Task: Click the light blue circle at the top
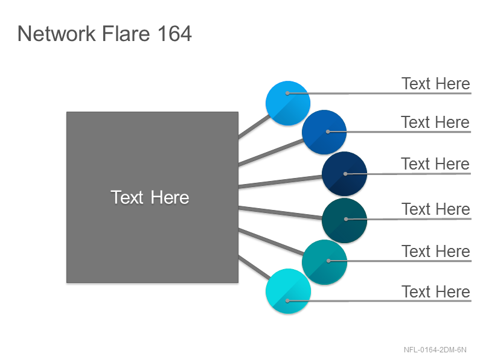[288, 103]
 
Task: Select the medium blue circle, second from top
[324, 132]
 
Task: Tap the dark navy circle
[344, 174]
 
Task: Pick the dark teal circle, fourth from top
[344, 220]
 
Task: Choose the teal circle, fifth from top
[324, 262]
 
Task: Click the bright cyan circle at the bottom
[288, 291]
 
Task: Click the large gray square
[153, 197]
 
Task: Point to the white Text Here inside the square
[150, 197]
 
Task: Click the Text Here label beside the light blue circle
[435, 84]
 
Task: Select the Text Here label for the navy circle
[435, 164]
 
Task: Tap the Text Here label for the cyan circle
[435, 291]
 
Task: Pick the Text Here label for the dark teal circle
[435, 209]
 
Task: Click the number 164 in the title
[174, 34]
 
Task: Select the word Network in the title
[57, 34]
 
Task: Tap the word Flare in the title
[126, 34]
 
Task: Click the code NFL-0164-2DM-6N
[435, 350]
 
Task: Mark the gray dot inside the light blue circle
[287, 93]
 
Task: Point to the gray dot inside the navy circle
[345, 174]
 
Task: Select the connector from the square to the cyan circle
[255, 267]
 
